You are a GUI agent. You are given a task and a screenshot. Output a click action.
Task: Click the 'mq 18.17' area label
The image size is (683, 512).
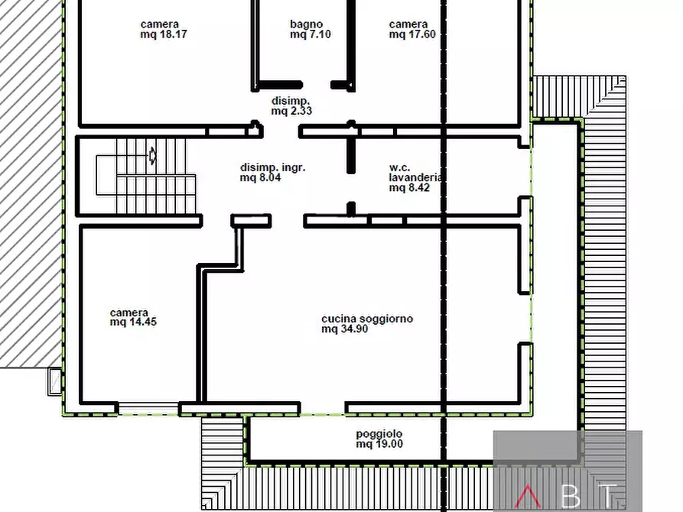point(164,34)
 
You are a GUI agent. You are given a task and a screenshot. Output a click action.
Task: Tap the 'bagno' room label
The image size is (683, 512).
point(306,24)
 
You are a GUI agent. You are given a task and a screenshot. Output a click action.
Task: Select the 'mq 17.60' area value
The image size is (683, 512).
point(412,34)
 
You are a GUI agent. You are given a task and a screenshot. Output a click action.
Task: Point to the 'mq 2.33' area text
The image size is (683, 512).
point(291,111)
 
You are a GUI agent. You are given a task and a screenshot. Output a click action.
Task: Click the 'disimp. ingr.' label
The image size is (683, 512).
point(273,167)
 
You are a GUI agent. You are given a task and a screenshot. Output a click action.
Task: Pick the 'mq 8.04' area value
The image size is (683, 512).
point(260,177)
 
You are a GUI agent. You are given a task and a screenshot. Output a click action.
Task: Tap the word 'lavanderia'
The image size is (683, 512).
point(415,177)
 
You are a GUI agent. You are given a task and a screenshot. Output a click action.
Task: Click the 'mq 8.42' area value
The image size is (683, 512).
point(409,188)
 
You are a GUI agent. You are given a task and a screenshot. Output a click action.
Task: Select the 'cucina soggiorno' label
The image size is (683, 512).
point(367,319)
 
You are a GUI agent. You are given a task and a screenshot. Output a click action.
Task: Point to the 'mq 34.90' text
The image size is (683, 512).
point(344,329)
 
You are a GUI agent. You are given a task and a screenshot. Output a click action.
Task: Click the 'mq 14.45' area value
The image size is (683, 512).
point(133,322)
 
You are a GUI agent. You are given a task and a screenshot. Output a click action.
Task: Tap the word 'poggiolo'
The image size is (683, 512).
point(379,434)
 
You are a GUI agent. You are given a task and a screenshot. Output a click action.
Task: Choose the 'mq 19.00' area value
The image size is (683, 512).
point(379,444)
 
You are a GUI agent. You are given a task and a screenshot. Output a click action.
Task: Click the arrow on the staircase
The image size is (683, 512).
point(152,155)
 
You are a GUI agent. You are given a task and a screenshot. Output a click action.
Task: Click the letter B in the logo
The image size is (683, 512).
point(571,496)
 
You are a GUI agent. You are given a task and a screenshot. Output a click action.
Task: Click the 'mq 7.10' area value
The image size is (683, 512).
point(310,34)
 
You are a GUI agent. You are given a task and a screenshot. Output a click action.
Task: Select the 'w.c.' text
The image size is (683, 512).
point(399,167)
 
